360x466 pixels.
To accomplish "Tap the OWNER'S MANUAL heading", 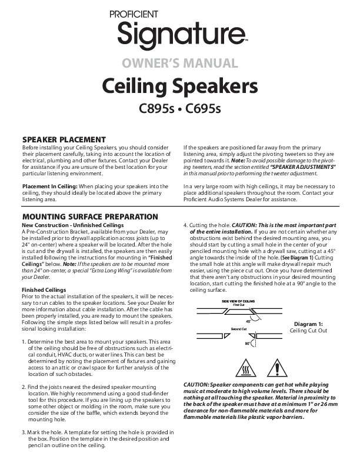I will click(x=180, y=63).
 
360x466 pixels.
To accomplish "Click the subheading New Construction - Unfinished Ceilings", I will click(x=71, y=225).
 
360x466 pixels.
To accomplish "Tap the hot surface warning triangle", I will click(x=245, y=370).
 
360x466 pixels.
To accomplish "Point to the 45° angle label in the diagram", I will click(x=248, y=322).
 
